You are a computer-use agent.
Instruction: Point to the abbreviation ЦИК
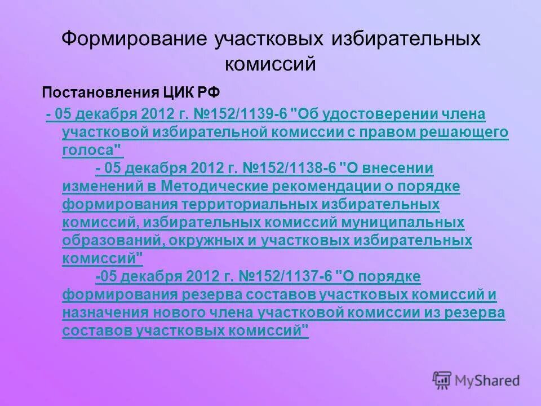167,92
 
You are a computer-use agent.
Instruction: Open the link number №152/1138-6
289,169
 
